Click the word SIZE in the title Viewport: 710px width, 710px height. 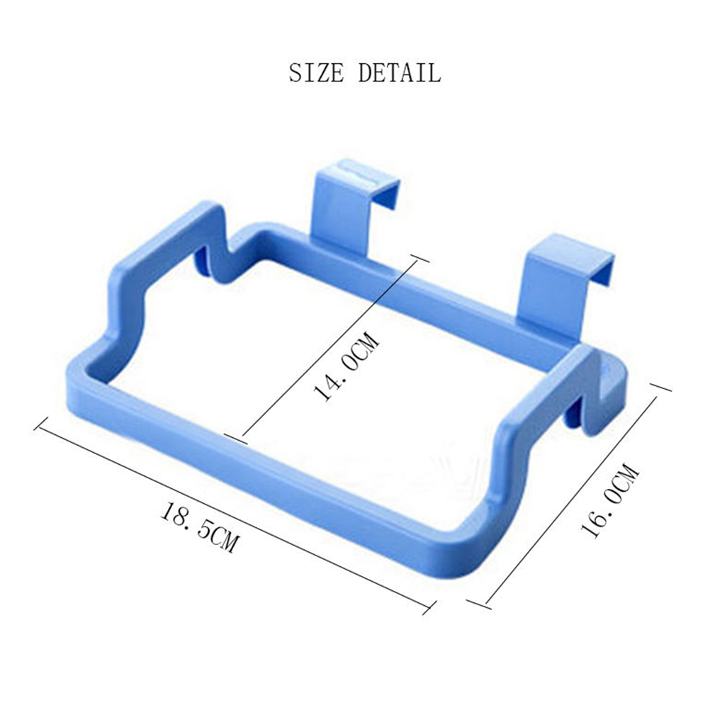(x=317, y=72)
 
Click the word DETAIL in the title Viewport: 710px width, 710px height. (x=400, y=72)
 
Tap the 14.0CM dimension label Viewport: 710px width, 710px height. (x=346, y=367)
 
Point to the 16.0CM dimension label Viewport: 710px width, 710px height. (x=610, y=500)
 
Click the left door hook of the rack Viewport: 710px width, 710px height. (x=354, y=204)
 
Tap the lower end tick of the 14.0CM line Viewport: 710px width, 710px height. (x=236, y=439)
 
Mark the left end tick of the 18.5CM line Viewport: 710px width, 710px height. (x=42, y=423)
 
